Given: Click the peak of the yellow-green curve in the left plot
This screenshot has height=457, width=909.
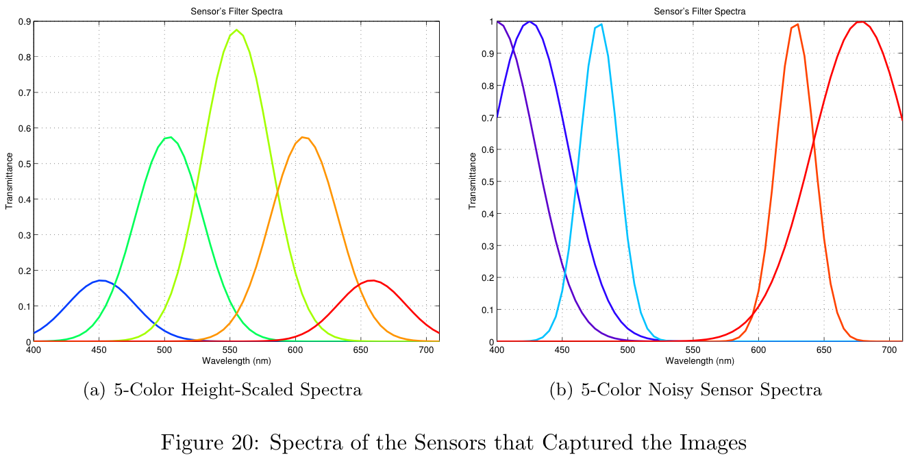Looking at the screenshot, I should coord(237,30).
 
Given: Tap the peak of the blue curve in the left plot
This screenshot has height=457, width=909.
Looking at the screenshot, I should coord(101,280).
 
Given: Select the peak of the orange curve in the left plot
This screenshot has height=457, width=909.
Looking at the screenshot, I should coord(303,137).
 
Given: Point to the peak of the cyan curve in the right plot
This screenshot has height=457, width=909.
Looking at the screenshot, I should coord(601,25).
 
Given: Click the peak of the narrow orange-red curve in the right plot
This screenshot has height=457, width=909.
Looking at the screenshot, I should coord(797,25).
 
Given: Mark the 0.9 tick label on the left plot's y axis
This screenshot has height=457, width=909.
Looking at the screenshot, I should coord(23,22).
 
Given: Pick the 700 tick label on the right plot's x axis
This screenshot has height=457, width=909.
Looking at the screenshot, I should coord(889,349).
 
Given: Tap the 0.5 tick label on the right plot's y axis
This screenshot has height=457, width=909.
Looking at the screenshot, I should coord(486,182).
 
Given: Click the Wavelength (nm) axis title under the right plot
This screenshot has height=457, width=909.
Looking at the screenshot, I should coord(699,360).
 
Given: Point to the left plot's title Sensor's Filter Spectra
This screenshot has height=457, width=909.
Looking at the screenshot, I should coord(236,11).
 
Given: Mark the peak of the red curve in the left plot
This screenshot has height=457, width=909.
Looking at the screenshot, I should coord(372,280).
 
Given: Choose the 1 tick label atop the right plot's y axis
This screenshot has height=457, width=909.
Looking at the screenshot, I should coord(490,22).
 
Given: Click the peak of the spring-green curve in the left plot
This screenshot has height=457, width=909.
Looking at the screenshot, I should coord(168,137).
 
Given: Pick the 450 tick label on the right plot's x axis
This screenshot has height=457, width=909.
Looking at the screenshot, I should coord(562,349).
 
